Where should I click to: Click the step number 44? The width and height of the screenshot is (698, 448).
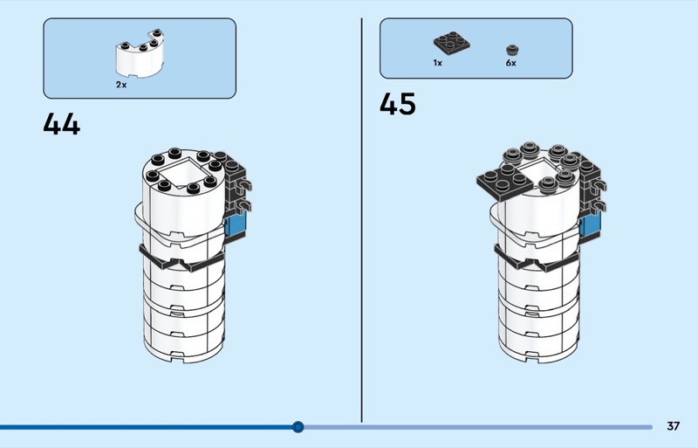pos(61,124)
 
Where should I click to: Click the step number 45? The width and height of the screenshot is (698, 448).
pos(398,105)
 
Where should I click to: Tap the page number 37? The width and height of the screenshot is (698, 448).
pos(673,426)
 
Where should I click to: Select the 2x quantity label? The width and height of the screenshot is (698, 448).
pos(121,85)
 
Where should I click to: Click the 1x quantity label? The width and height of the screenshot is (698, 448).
pos(437,63)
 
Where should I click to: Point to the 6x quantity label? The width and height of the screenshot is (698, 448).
pos(510,63)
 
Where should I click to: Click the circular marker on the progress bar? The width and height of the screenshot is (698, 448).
pos(298,427)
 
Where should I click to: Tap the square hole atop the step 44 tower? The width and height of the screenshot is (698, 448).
pos(183,177)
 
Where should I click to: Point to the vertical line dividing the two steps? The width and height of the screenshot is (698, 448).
pos(361,218)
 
